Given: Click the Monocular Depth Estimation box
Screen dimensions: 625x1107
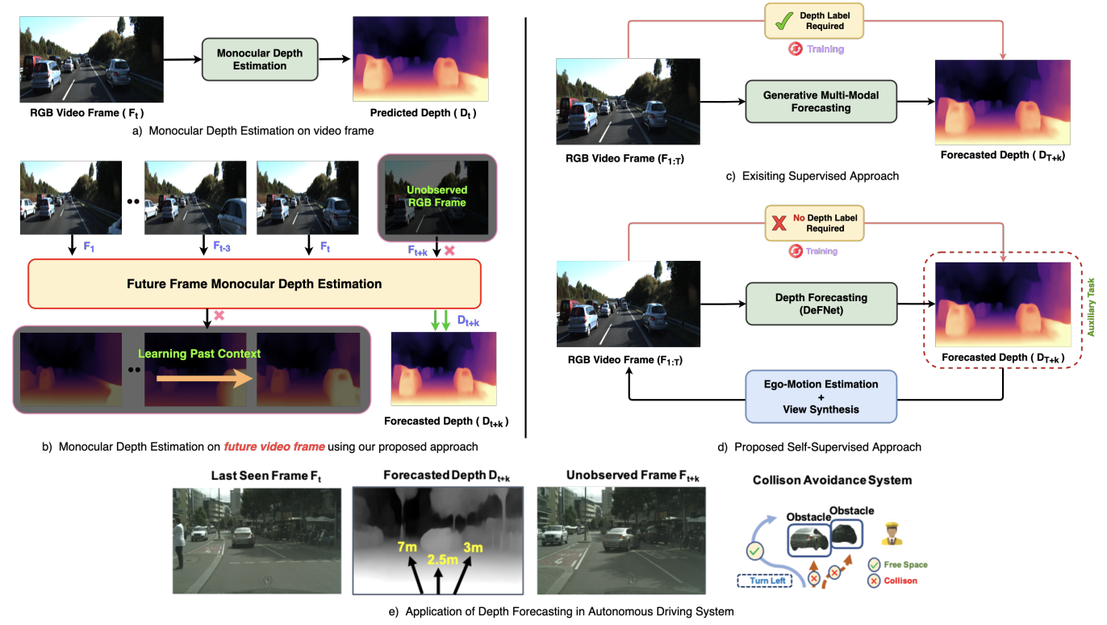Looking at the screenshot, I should (260, 60).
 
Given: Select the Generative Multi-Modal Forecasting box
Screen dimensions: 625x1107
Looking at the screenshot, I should (821, 101).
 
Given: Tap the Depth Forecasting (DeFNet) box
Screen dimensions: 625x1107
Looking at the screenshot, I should (821, 304).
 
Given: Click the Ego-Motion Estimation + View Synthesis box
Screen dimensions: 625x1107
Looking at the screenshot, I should (821, 396).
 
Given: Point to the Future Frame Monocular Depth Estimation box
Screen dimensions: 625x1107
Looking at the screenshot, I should (254, 283).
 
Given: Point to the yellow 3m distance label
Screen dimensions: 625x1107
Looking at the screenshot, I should (473, 548).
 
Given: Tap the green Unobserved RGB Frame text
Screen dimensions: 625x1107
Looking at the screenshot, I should (436, 195).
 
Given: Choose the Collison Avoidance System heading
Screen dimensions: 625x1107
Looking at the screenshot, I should (832, 480).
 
